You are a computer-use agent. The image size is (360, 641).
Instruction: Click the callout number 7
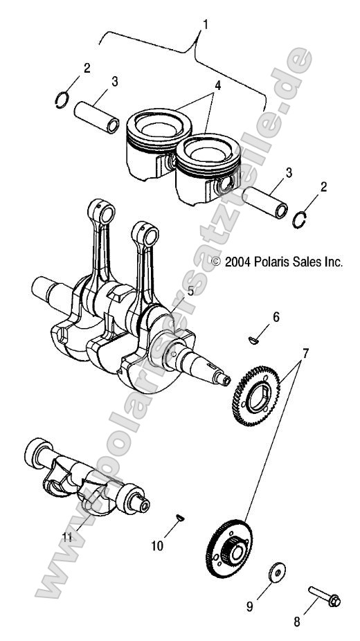[x=305, y=353]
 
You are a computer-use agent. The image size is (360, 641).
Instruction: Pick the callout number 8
[x=297, y=622]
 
